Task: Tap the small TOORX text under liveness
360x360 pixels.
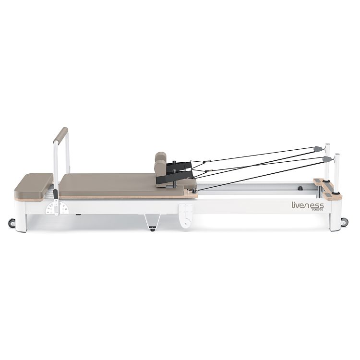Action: pos(316,210)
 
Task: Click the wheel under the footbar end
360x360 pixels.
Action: pos(12,223)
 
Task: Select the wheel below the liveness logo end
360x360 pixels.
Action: pos(344,221)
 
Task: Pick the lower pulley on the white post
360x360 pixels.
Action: pos(327,158)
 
